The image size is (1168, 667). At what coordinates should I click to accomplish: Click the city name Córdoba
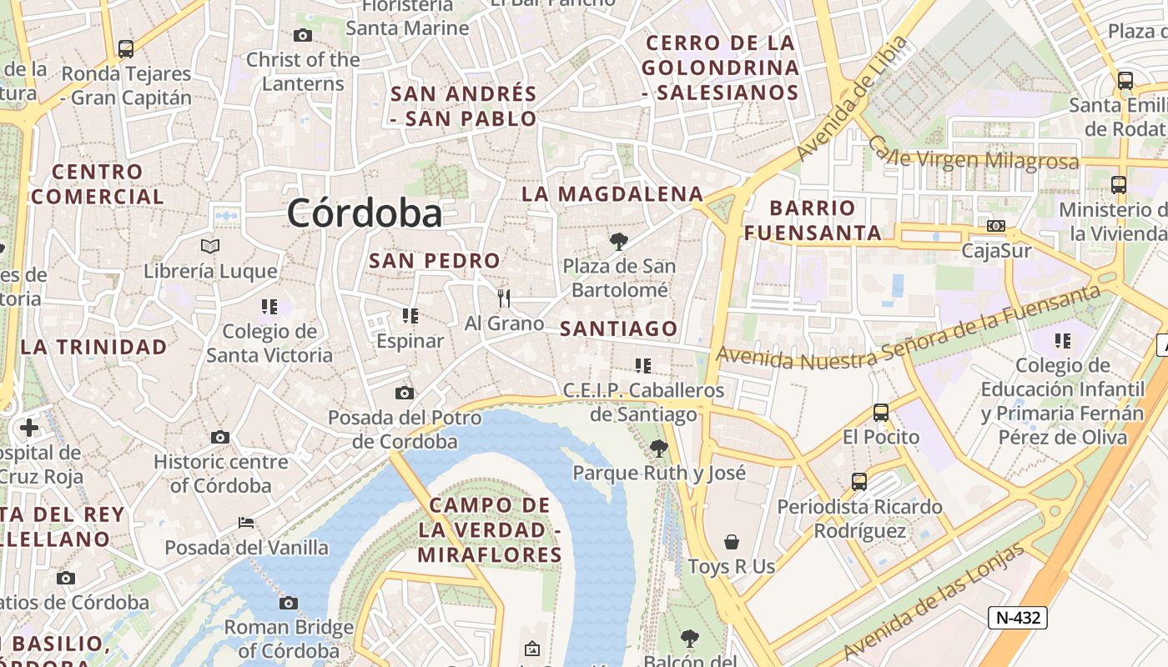(365, 214)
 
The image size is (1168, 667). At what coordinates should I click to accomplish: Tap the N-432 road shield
(1018, 618)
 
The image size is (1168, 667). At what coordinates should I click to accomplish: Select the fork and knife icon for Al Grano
(504, 298)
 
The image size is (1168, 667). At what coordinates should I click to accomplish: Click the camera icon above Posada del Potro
(404, 393)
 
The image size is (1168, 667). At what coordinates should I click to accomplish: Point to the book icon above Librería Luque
(210, 246)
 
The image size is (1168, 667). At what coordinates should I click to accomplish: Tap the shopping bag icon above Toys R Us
(732, 542)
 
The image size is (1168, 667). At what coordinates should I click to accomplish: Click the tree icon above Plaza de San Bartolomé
(618, 242)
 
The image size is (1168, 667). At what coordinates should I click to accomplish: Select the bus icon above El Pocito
(880, 412)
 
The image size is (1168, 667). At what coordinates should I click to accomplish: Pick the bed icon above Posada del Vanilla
(246, 523)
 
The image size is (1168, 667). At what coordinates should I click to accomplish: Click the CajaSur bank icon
(995, 226)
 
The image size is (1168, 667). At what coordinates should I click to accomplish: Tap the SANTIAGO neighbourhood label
(618, 329)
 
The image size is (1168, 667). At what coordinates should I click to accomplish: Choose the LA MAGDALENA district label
(612, 194)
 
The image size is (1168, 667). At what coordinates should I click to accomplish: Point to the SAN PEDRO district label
(435, 260)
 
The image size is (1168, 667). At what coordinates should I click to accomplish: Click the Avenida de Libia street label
(851, 98)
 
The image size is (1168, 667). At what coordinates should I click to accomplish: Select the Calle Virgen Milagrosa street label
(974, 155)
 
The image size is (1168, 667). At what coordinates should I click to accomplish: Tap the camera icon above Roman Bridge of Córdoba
(289, 603)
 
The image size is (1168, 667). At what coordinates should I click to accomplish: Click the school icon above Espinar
(410, 316)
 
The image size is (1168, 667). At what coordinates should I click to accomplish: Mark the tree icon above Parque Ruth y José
(659, 448)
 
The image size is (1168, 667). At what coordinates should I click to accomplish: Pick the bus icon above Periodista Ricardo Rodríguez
(859, 481)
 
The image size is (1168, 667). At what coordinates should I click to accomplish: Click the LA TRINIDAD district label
(94, 347)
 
